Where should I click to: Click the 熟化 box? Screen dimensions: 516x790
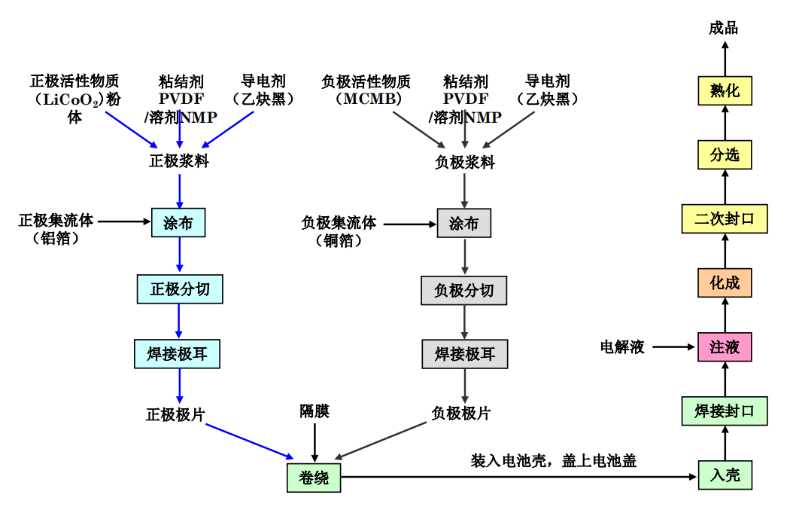[725, 91]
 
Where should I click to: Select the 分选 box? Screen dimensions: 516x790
[725, 154]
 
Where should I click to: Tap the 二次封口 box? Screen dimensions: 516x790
[725, 218]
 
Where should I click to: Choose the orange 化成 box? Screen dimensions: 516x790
[725, 282]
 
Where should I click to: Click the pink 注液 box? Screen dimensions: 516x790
[725, 347]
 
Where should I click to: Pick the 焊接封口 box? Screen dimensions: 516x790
[725, 411]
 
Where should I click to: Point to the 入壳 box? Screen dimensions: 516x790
[725, 475]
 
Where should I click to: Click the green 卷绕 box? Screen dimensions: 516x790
[313, 478]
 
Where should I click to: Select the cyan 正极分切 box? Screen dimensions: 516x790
[180, 289]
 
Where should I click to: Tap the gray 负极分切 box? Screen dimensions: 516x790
[464, 290]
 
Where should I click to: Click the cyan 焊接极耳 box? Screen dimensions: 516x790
[177, 353]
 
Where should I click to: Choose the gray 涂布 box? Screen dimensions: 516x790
[463, 224]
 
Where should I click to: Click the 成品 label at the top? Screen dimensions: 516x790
[724, 29]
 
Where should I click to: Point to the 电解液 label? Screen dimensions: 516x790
[622, 347]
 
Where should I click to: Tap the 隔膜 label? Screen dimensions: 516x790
[314, 411]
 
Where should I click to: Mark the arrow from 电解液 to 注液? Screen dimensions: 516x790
[672, 347]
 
